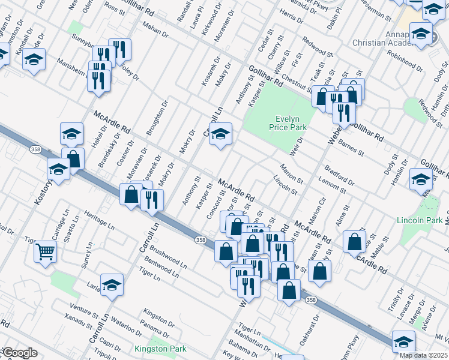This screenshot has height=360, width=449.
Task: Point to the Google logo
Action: pos(19,353)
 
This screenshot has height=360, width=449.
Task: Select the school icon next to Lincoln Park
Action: pos(421,179)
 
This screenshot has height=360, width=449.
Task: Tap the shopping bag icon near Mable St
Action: pos(355,241)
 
